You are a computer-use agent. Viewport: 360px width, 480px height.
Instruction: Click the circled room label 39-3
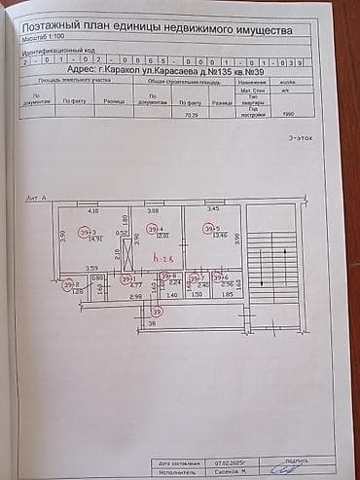89,232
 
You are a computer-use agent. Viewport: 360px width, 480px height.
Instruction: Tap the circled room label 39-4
154,229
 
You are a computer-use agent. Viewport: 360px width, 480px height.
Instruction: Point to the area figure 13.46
219,236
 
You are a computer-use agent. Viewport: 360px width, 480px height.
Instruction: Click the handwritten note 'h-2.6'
162,257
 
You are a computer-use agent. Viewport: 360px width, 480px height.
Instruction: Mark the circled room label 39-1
127,278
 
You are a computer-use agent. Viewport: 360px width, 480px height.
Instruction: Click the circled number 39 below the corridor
158,312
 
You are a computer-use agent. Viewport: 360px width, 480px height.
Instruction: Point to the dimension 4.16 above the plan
93,211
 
